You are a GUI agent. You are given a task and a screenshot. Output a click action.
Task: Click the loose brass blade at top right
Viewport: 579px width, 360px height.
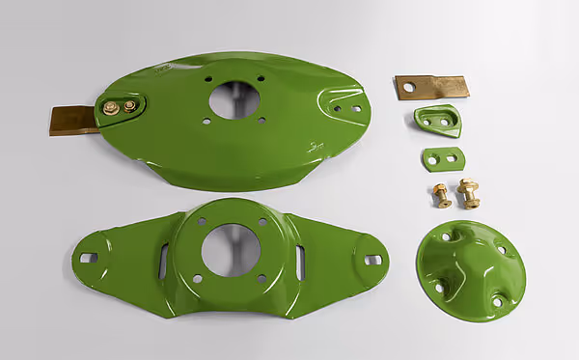431,87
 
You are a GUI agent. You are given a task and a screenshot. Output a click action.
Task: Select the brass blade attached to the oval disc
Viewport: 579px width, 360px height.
74,120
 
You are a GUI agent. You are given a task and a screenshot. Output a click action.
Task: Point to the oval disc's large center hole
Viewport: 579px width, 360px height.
234,98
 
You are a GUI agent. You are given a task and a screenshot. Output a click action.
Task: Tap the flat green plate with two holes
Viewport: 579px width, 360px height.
442,159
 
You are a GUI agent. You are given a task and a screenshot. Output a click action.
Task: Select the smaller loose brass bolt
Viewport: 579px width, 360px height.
440,195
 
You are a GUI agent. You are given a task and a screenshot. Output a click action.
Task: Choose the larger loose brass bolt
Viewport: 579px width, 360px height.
470,192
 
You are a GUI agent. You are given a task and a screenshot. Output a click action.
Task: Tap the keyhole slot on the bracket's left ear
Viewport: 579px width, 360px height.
88,258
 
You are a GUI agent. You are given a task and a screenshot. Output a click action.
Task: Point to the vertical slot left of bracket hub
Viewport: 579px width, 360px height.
163,261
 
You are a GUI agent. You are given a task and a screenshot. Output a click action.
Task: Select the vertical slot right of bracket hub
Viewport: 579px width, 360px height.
300,263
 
